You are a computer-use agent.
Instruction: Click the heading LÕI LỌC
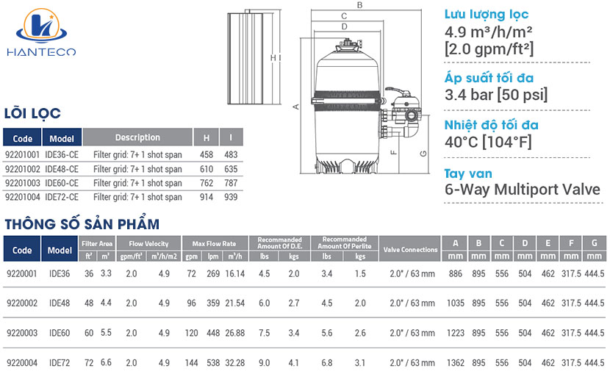pos(32,113)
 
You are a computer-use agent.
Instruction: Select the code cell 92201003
pos(22,183)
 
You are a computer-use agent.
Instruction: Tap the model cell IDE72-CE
pos(62,197)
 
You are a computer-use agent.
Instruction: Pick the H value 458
pos(207,155)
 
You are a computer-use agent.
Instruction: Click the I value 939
pos(231,197)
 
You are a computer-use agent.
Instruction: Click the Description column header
pos(137,137)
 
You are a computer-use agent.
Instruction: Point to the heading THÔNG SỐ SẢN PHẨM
pos(82,223)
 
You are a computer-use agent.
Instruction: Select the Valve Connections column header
pos(410,250)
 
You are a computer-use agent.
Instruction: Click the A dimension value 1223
pos(456,333)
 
